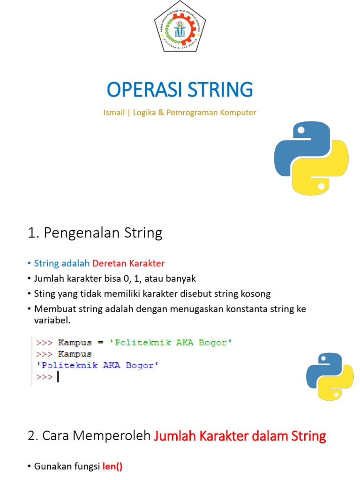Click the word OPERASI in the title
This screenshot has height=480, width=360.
(x=142, y=90)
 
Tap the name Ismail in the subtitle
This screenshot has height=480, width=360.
(x=114, y=112)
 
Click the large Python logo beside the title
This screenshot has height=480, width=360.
(x=311, y=158)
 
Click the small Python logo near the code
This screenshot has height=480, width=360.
(x=330, y=377)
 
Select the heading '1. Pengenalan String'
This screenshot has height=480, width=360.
(x=95, y=233)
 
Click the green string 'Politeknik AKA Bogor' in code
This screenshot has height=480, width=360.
(x=171, y=343)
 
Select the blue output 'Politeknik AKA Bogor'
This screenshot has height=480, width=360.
(x=97, y=366)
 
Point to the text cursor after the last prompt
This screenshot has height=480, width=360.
(x=58, y=377)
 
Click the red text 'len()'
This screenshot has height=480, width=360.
(x=112, y=466)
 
